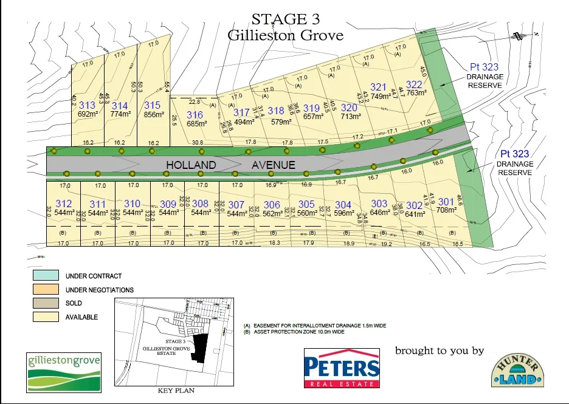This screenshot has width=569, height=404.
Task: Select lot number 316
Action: click(x=195, y=115)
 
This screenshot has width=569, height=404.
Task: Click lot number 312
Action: click(x=63, y=204)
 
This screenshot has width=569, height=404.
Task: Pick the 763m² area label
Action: click(x=416, y=93)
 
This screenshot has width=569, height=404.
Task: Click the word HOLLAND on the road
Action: click(x=191, y=165)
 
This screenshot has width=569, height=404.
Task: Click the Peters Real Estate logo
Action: click(x=341, y=368)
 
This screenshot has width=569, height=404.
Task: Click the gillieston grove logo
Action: click(x=63, y=372)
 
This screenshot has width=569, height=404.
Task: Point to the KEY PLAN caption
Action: click(x=176, y=391)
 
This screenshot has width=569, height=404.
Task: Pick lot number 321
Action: click(x=378, y=87)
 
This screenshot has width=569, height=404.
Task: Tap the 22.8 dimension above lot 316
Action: click(x=194, y=101)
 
